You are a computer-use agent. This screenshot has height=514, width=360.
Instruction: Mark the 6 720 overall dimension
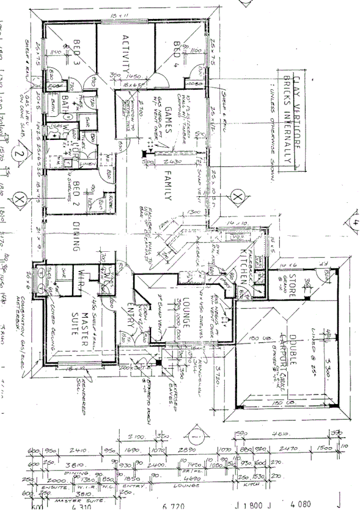click(174, 507)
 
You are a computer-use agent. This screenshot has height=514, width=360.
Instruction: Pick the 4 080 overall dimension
click(301, 506)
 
